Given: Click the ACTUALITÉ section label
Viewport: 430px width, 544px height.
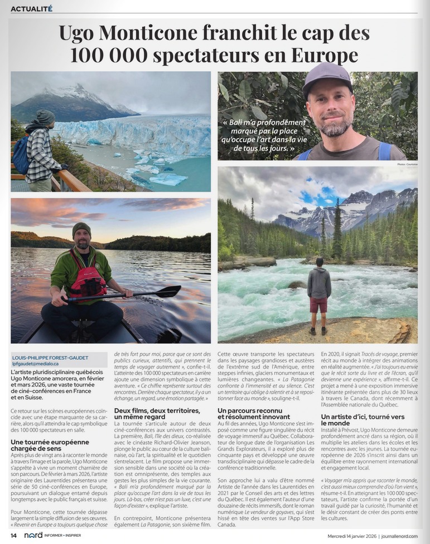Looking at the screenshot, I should [x=31, y=8].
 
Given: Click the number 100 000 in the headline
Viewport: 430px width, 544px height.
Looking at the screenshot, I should [x=107, y=55].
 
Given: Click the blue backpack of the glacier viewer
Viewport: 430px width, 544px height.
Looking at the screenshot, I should [x=21, y=155].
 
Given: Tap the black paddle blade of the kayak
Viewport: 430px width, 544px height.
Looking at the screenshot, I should [x=166, y=291].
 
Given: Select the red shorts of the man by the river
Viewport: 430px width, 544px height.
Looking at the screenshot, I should [x=319, y=305].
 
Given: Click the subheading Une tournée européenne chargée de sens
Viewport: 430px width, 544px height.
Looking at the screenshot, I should [x=50, y=445].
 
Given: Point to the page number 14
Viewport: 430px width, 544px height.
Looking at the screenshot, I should [x=13, y=536].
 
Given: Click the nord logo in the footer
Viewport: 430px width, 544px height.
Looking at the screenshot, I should [x=33, y=536].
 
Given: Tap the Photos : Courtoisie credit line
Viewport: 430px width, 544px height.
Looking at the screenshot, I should [x=407, y=164].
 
